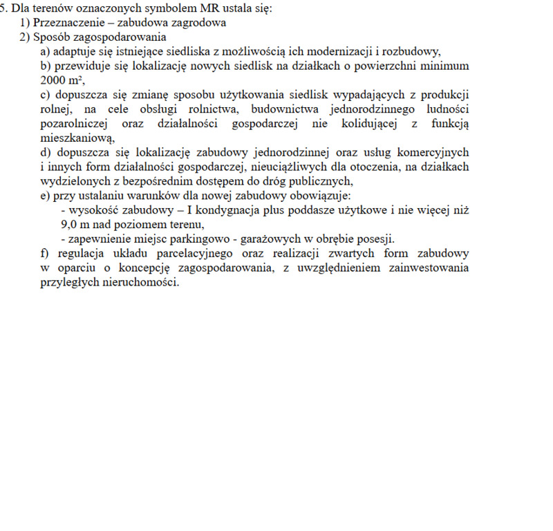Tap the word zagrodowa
200,22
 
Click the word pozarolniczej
75,123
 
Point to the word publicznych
319,181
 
